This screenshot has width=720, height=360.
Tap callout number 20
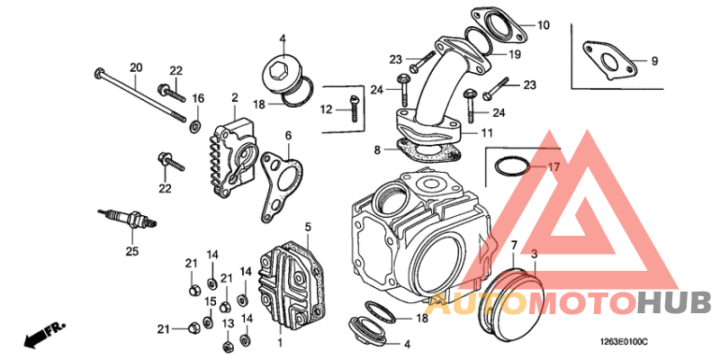coord(136,67)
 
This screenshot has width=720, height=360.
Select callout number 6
coord(288,136)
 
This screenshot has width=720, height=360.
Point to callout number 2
coord(234,97)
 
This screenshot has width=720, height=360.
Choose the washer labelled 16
coord(195,121)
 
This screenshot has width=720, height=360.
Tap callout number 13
coord(228,323)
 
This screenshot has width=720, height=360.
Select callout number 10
coord(543,26)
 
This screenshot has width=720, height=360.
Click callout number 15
coord(209,301)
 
